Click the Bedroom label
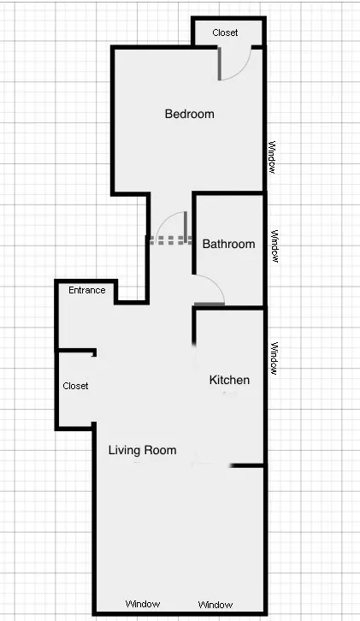coord(189,114)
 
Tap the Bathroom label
coord(228,244)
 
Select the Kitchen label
coord(229,380)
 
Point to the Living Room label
coord(142,450)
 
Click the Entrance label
coord(87,290)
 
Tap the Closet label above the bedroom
coord(225,33)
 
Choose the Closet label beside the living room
coord(75,386)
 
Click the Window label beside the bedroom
coord(272,157)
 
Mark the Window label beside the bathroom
coord(274,245)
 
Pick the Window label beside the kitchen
coord(274,358)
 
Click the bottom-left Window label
coord(142,604)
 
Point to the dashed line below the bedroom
coord(169,240)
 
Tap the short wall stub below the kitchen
coord(246,465)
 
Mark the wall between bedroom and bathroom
coord(228,193)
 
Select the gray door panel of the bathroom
coord(210,303)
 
